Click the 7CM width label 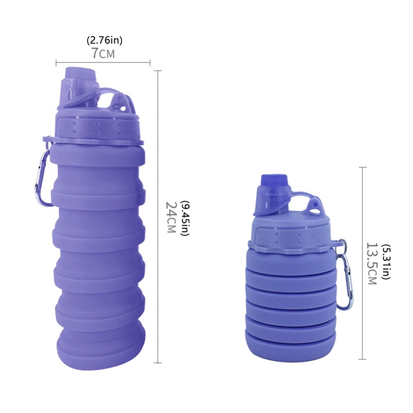pos(103,53)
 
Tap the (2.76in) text pos(105,40)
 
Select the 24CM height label pos(171,217)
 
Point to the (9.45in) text pos(185,218)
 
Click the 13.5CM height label pos(372,263)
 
